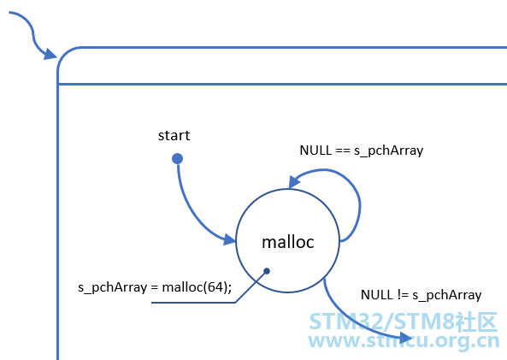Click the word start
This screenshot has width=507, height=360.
(x=174, y=135)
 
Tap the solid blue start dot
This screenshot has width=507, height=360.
(x=177, y=159)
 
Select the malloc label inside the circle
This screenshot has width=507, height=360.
(x=288, y=242)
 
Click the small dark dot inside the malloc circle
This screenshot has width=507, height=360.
(x=267, y=271)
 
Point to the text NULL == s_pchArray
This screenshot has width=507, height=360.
(x=361, y=150)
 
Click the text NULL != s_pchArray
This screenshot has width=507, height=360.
(x=421, y=295)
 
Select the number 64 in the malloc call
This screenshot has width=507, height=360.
(x=215, y=287)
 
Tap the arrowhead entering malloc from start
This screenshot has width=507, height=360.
(x=229, y=239)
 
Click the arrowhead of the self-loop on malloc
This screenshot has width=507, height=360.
(x=293, y=182)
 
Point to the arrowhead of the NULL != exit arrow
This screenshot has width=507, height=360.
(x=405, y=338)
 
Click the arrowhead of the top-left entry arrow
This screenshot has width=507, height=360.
(x=50, y=54)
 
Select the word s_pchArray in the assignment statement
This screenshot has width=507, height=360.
(x=113, y=287)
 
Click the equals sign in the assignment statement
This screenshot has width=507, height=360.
(x=155, y=287)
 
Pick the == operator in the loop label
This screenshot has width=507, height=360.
(x=343, y=150)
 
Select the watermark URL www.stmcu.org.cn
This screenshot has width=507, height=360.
(x=404, y=341)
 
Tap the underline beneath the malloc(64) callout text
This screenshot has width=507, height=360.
(x=193, y=303)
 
